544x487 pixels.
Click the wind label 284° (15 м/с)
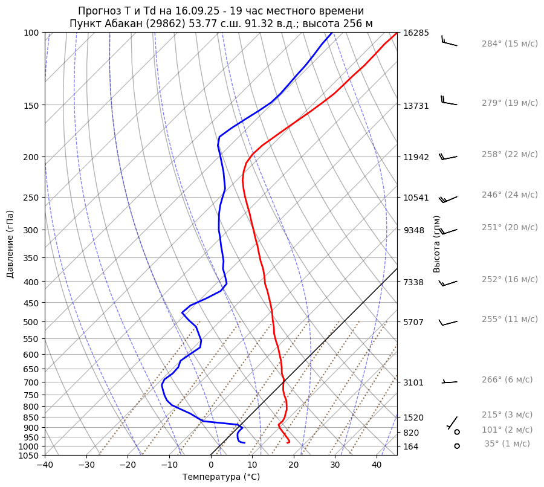point(510,44)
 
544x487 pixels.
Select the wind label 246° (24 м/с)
point(510,195)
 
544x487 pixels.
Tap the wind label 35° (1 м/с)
point(507,444)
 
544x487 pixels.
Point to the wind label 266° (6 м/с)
point(507,380)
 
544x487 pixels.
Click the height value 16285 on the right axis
point(416,33)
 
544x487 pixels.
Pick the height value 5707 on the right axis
point(413,322)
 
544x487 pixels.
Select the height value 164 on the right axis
point(411,447)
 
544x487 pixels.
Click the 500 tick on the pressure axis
point(31,322)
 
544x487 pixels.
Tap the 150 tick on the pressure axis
point(31,106)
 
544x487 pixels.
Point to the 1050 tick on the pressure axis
point(28,456)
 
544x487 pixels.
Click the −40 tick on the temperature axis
point(45,465)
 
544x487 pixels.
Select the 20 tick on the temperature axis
point(294,465)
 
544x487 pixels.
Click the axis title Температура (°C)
point(221,477)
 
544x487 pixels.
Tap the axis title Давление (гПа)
point(10,244)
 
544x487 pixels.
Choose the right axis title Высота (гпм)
point(437,244)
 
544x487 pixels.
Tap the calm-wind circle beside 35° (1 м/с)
point(456,446)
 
